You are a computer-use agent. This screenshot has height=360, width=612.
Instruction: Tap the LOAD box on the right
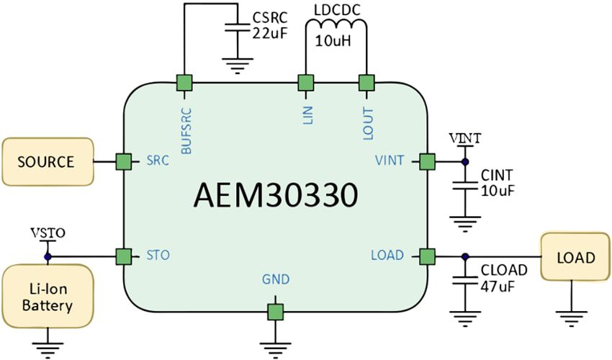pyautogui.click(x=575, y=258)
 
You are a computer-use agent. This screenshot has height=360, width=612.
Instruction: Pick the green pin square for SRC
pyautogui.click(x=124, y=161)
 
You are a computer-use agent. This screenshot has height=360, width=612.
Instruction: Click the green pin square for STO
pyautogui.click(x=124, y=256)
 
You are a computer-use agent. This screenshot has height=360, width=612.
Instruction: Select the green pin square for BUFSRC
pyautogui.click(x=185, y=83)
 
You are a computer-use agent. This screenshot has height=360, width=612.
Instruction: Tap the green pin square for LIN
pyautogui.click(x=307, y=83)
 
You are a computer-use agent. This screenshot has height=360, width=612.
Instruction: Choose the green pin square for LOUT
pyautogui.click(x=366, y=83)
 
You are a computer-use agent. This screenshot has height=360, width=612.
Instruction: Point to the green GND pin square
pyautogui.click(x=275, y=312)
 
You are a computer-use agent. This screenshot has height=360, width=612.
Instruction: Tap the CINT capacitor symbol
pyautogui.click(x=465, y=184)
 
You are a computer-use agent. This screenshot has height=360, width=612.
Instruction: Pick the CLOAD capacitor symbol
pyautogui.click(x=465, y=279)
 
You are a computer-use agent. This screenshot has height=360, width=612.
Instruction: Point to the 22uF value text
pyautogui.click(x=270, y=32)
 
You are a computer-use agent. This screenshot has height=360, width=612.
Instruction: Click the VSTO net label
pyautogui.click(x=48, y=233)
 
